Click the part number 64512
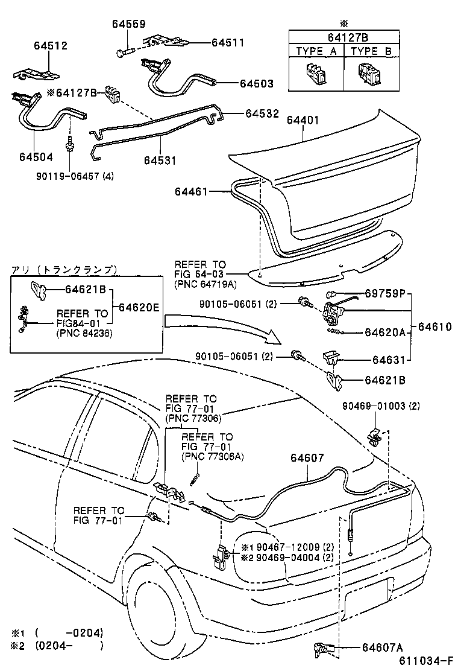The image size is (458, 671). point(51,46)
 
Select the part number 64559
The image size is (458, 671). point(128,24)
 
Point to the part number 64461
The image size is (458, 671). point(191,191)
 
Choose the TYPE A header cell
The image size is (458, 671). point(316,51)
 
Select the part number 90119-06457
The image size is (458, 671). point(67,176)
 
